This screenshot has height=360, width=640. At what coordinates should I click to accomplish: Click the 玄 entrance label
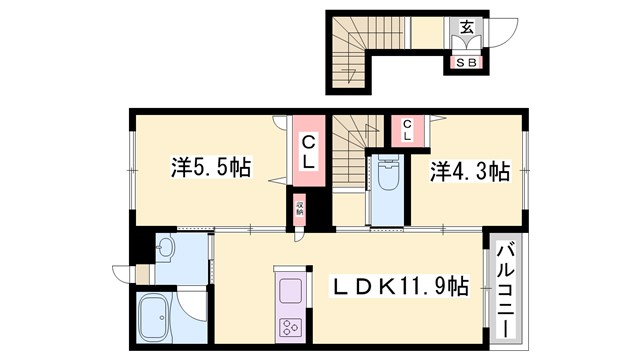coord(466,27)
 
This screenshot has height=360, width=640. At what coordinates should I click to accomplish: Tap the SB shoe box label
coord(466,62)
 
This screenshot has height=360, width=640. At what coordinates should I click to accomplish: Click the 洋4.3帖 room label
coord(470,170)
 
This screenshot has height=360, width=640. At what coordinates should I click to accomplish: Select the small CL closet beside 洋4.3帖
coord(408,128)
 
